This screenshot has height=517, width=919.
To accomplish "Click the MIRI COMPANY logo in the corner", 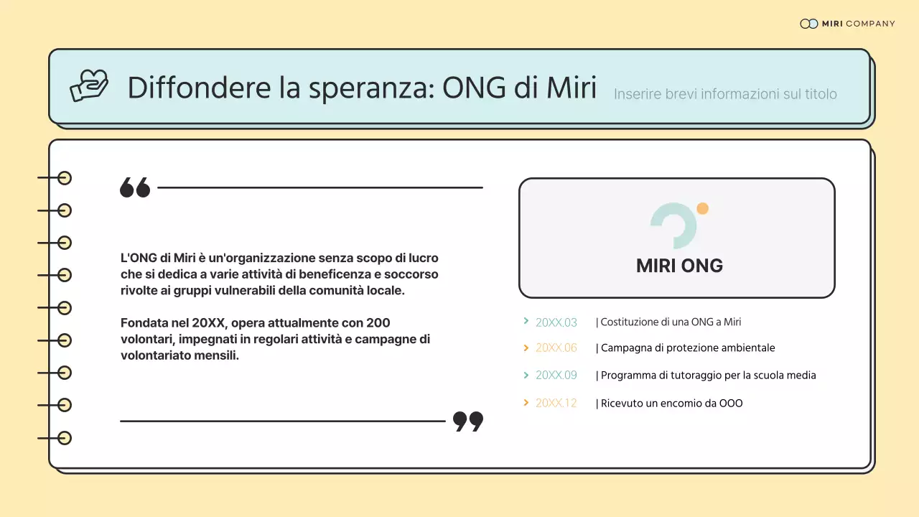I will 847,24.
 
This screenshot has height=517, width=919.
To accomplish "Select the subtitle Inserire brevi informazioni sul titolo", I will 725,94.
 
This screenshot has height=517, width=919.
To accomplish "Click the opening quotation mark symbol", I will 135,187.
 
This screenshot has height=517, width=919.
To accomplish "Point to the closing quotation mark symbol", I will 468,421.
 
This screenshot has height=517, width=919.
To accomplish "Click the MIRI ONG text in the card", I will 679,266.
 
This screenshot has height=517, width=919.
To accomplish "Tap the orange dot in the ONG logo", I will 702,209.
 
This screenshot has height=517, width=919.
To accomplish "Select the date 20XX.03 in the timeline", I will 556,322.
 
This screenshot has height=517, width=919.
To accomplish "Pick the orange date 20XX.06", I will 556,348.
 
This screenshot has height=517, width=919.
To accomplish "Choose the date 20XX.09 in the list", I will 556,376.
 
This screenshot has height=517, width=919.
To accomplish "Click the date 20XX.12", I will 556,404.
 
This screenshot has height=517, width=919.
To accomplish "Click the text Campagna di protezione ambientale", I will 687,348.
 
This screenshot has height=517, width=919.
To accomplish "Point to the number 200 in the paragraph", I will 378,323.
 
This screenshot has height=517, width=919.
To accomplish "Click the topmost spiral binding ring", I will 65,178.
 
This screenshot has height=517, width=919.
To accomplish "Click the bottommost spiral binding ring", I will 65,438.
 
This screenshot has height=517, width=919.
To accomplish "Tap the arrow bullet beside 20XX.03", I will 526,322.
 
